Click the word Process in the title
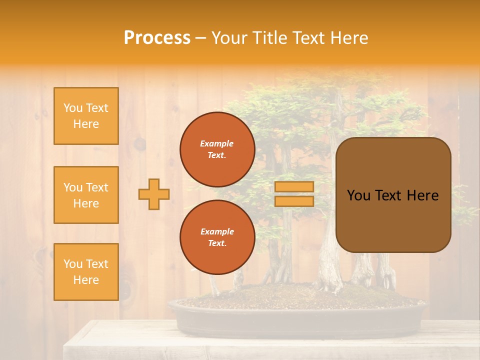pyautogui.click(x=157, y=38)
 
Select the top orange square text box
pyautogui.click(x=86, y=116)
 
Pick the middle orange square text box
pyautogui.click(x=86, y=195)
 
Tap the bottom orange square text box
pyautogui.click(x=86, y=271)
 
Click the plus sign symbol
pyautogui.click(x=154, y=194)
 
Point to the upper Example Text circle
pyautogui.click(x=217, y=149)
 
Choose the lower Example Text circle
pyautogui.click(x=217, y=237)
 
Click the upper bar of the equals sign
pyautogui.click(x=294, y=187)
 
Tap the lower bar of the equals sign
pyautogui.click(x=294, y=201)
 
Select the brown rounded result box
pyautogui.click(x=393, y=195)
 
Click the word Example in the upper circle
pyautogui.click(x=217, y=143)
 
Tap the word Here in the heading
pyautogui.click(x=348, y=38)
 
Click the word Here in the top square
pyautogui.click(x=86, y=124)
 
